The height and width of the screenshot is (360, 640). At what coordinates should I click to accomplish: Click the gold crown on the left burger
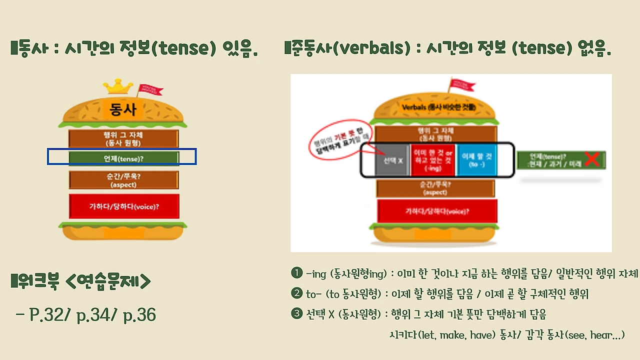coord(118,87)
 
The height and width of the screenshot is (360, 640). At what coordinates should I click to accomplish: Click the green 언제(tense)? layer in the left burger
coord(124,158)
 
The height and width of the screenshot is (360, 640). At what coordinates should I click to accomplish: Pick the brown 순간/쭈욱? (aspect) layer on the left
coord(124,180)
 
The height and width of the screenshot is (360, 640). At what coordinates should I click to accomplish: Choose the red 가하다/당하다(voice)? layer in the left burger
coord(124,206)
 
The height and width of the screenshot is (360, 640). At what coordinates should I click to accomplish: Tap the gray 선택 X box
coord(392,160)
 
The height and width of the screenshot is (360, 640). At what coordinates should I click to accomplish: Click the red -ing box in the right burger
coord(432,160)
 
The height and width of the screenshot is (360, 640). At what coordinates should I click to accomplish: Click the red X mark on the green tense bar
coord(592,159)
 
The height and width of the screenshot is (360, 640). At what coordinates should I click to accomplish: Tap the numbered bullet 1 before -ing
coord(296,273)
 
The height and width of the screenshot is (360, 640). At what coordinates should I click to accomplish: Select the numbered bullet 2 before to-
coord(296,293)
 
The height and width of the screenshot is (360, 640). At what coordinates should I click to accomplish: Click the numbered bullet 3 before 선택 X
coord(296,314)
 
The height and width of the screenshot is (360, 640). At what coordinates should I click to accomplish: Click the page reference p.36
coord(137,315)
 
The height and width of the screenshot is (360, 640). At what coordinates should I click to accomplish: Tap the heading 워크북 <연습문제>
coord(81,281)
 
